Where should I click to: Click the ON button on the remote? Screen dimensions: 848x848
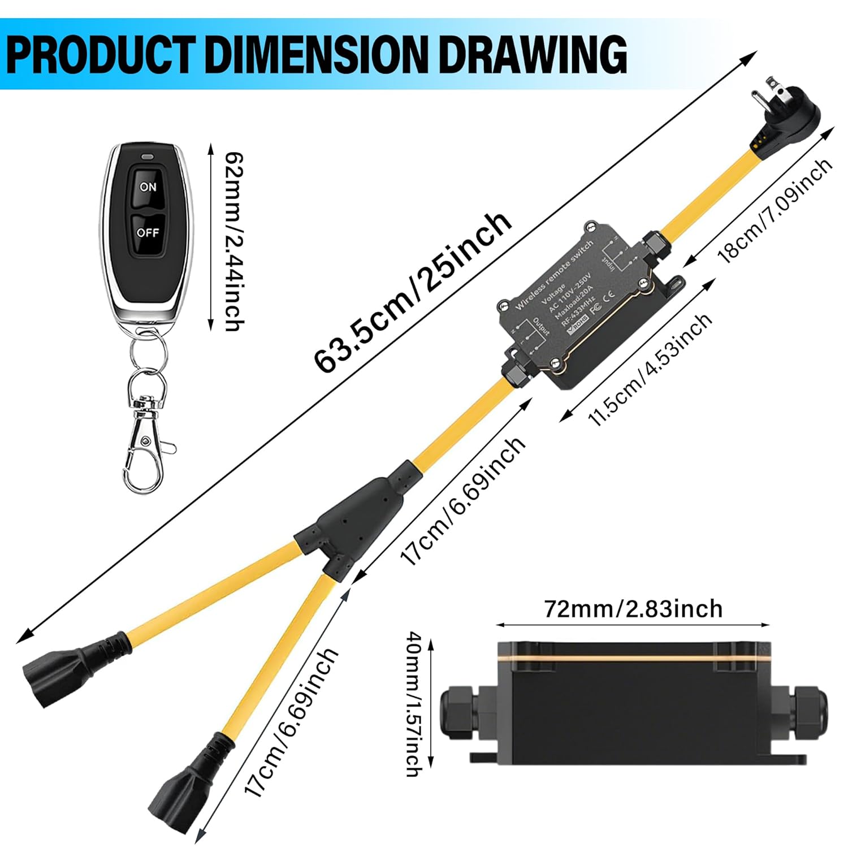click(148, 186)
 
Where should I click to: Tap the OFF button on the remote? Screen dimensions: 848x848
click(148, 232)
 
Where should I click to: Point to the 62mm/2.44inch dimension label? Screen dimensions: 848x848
click(234, 240)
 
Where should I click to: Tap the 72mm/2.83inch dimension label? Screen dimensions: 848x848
click(633, 609)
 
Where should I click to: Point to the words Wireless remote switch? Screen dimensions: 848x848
click(553, 274)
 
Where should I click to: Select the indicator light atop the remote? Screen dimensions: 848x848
click(149, 155)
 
